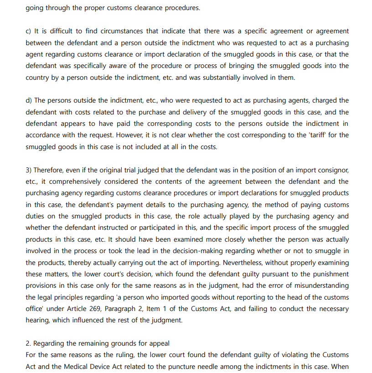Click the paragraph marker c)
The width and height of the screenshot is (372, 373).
[x=28, y=31]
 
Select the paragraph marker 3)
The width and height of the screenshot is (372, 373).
[x=28, y=170]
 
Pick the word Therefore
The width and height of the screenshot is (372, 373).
[x=52, y=170]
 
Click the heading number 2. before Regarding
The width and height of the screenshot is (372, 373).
[x=28, y=343]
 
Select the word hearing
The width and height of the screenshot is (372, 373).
[x=37, y=320]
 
